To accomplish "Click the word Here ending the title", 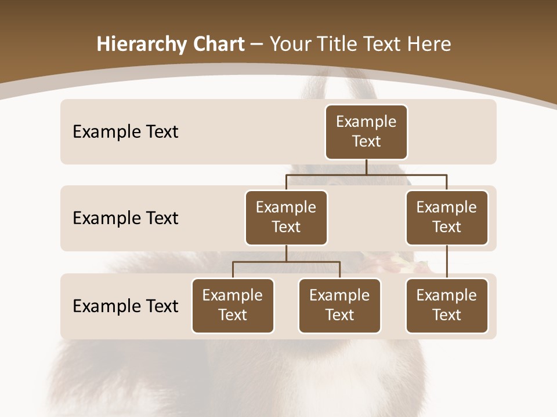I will pos(429,45).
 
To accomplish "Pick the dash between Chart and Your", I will pos(257,45).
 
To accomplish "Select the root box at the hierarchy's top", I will pos(366,132).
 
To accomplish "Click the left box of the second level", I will pos(286,218).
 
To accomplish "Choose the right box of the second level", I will pos(447,218).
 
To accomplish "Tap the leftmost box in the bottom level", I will pos(233,306).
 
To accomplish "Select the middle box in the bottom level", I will pos(339,306).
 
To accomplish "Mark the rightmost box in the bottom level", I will pos(447,306).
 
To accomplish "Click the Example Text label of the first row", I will pos(125,132).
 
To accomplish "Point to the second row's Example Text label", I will pos(125,218).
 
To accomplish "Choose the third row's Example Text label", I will pos(125,306).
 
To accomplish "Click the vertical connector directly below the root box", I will pos(366,167).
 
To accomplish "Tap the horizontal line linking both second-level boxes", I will pos(366,174).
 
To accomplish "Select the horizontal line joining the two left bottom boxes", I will pos(286,262).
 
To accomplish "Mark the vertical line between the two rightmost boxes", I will pos(447,262).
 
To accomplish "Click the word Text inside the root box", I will pos(366,141).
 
